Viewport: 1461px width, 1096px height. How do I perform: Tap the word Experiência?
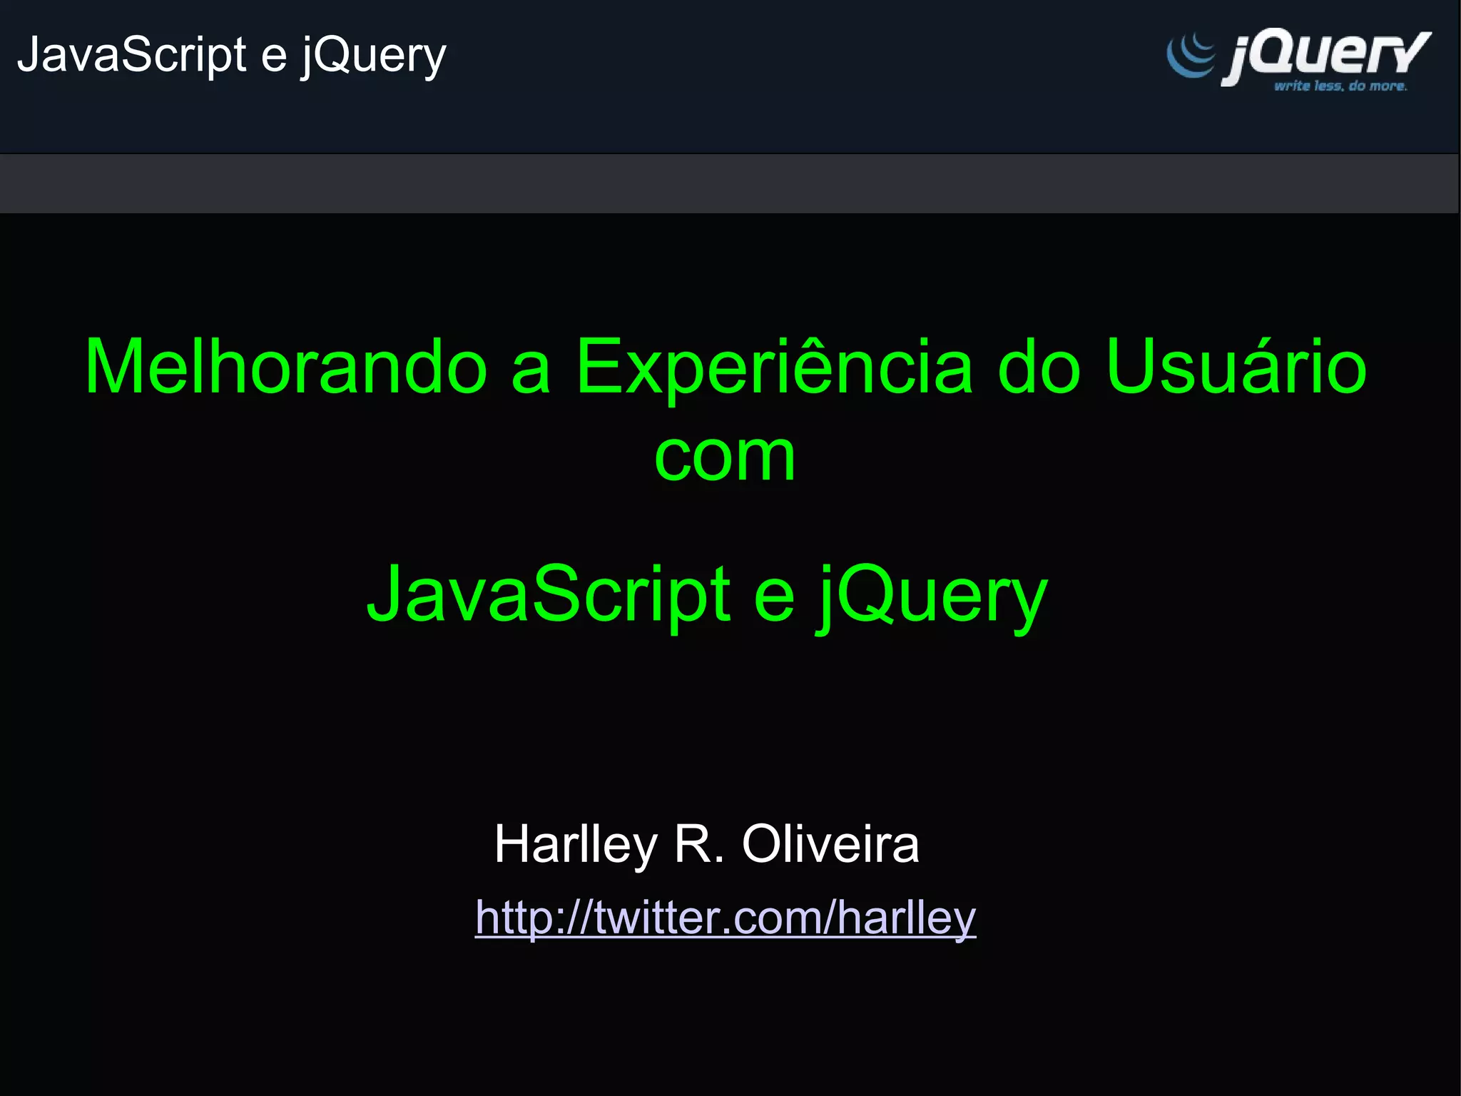tap(774, 367)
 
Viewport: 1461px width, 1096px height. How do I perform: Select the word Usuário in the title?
tap(1236, 367)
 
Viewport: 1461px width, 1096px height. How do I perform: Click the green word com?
tap(724, 458)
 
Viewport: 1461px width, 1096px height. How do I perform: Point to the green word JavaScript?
tap(549, 595)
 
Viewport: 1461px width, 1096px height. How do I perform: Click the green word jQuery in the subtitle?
tap(932, 595)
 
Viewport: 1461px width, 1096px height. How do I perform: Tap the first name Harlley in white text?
tap(576, 844)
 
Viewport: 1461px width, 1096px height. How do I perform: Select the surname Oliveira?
tap(830, 844)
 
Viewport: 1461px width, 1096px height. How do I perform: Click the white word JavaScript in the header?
tap(132, 55)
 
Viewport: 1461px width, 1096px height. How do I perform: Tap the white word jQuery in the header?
tap(373, 56)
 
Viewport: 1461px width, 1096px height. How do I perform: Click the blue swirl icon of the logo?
tap(1190, 56)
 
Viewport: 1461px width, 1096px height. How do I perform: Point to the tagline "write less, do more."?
tap(1340, 86)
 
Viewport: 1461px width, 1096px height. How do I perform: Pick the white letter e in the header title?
tap(274, 56)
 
